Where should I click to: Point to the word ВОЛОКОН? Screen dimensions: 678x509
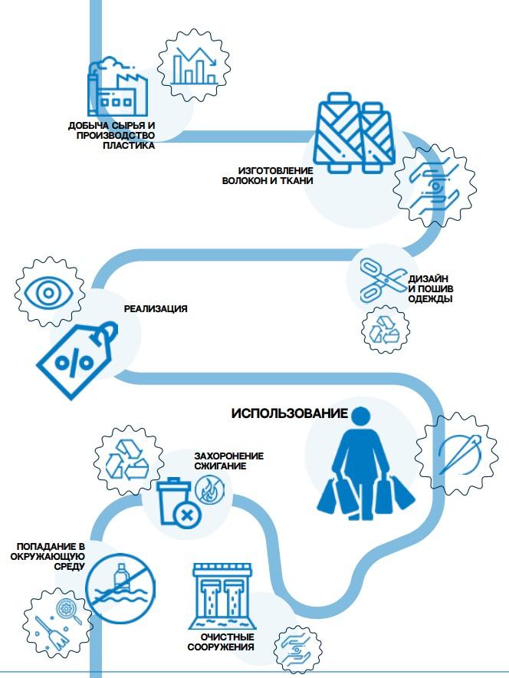246,181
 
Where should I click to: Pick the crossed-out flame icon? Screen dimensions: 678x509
209,488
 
